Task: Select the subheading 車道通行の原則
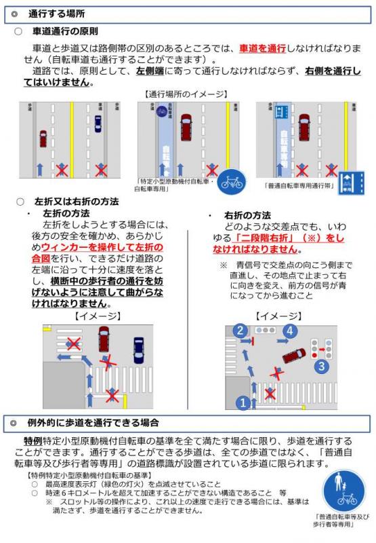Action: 65,31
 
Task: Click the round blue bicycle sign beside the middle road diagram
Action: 231,182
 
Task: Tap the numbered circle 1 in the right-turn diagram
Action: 243,402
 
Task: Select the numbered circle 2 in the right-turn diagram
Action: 239,331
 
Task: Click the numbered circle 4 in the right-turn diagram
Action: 290,331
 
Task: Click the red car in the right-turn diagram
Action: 293,355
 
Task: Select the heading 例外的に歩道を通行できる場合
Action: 95,424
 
